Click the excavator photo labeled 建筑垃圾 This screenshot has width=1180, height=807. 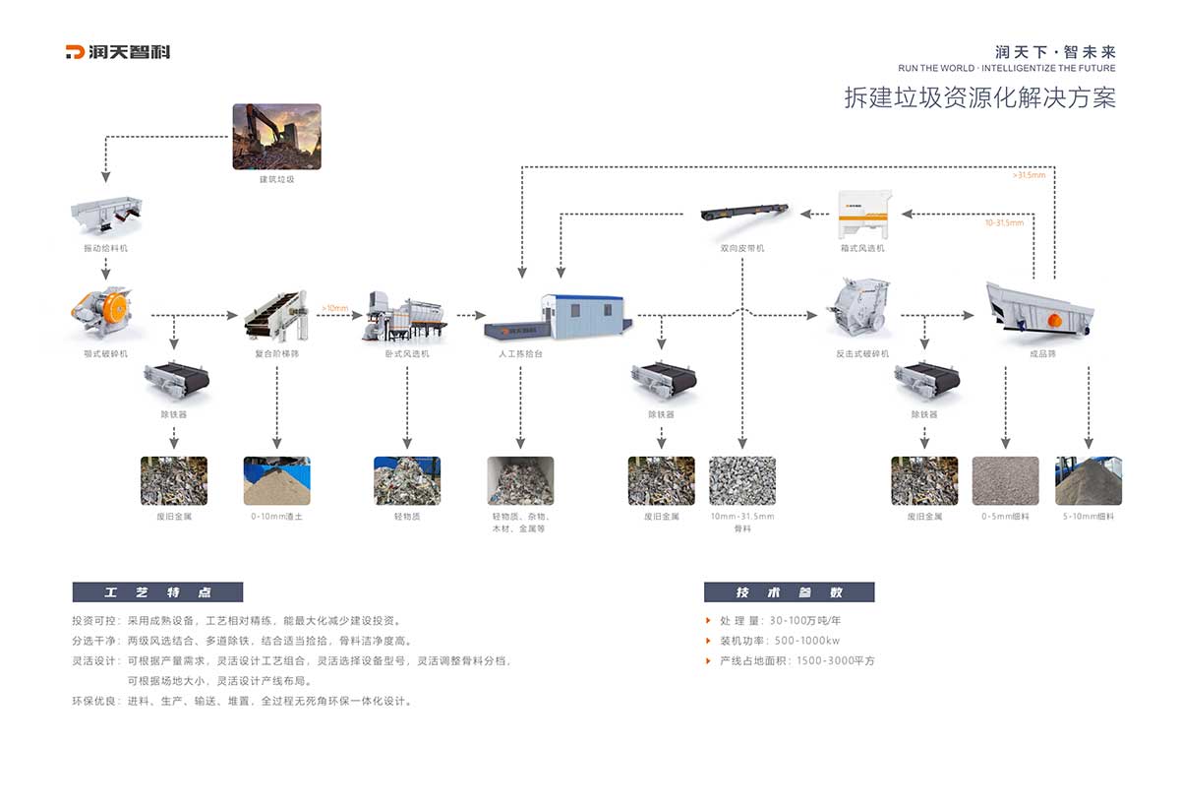tap(276, 136)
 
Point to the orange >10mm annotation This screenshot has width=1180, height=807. tap(334, 308)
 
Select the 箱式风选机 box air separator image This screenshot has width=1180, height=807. tap(864, 214)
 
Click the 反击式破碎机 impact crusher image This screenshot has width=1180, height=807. tap(861, 307)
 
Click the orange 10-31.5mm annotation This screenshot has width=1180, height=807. tap(1004, 222)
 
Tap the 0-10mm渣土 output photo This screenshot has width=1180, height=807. tap(276, 480)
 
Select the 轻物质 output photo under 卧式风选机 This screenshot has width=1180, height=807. tap(406, 480)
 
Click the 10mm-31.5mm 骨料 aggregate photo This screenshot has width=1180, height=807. tap(741, 480)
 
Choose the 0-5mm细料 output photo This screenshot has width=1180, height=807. tap(1005, 480)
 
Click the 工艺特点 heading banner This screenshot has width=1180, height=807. tap(157, 592)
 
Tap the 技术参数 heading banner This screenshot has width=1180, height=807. tap(789, 592)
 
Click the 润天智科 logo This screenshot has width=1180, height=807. tap(117, 52)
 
